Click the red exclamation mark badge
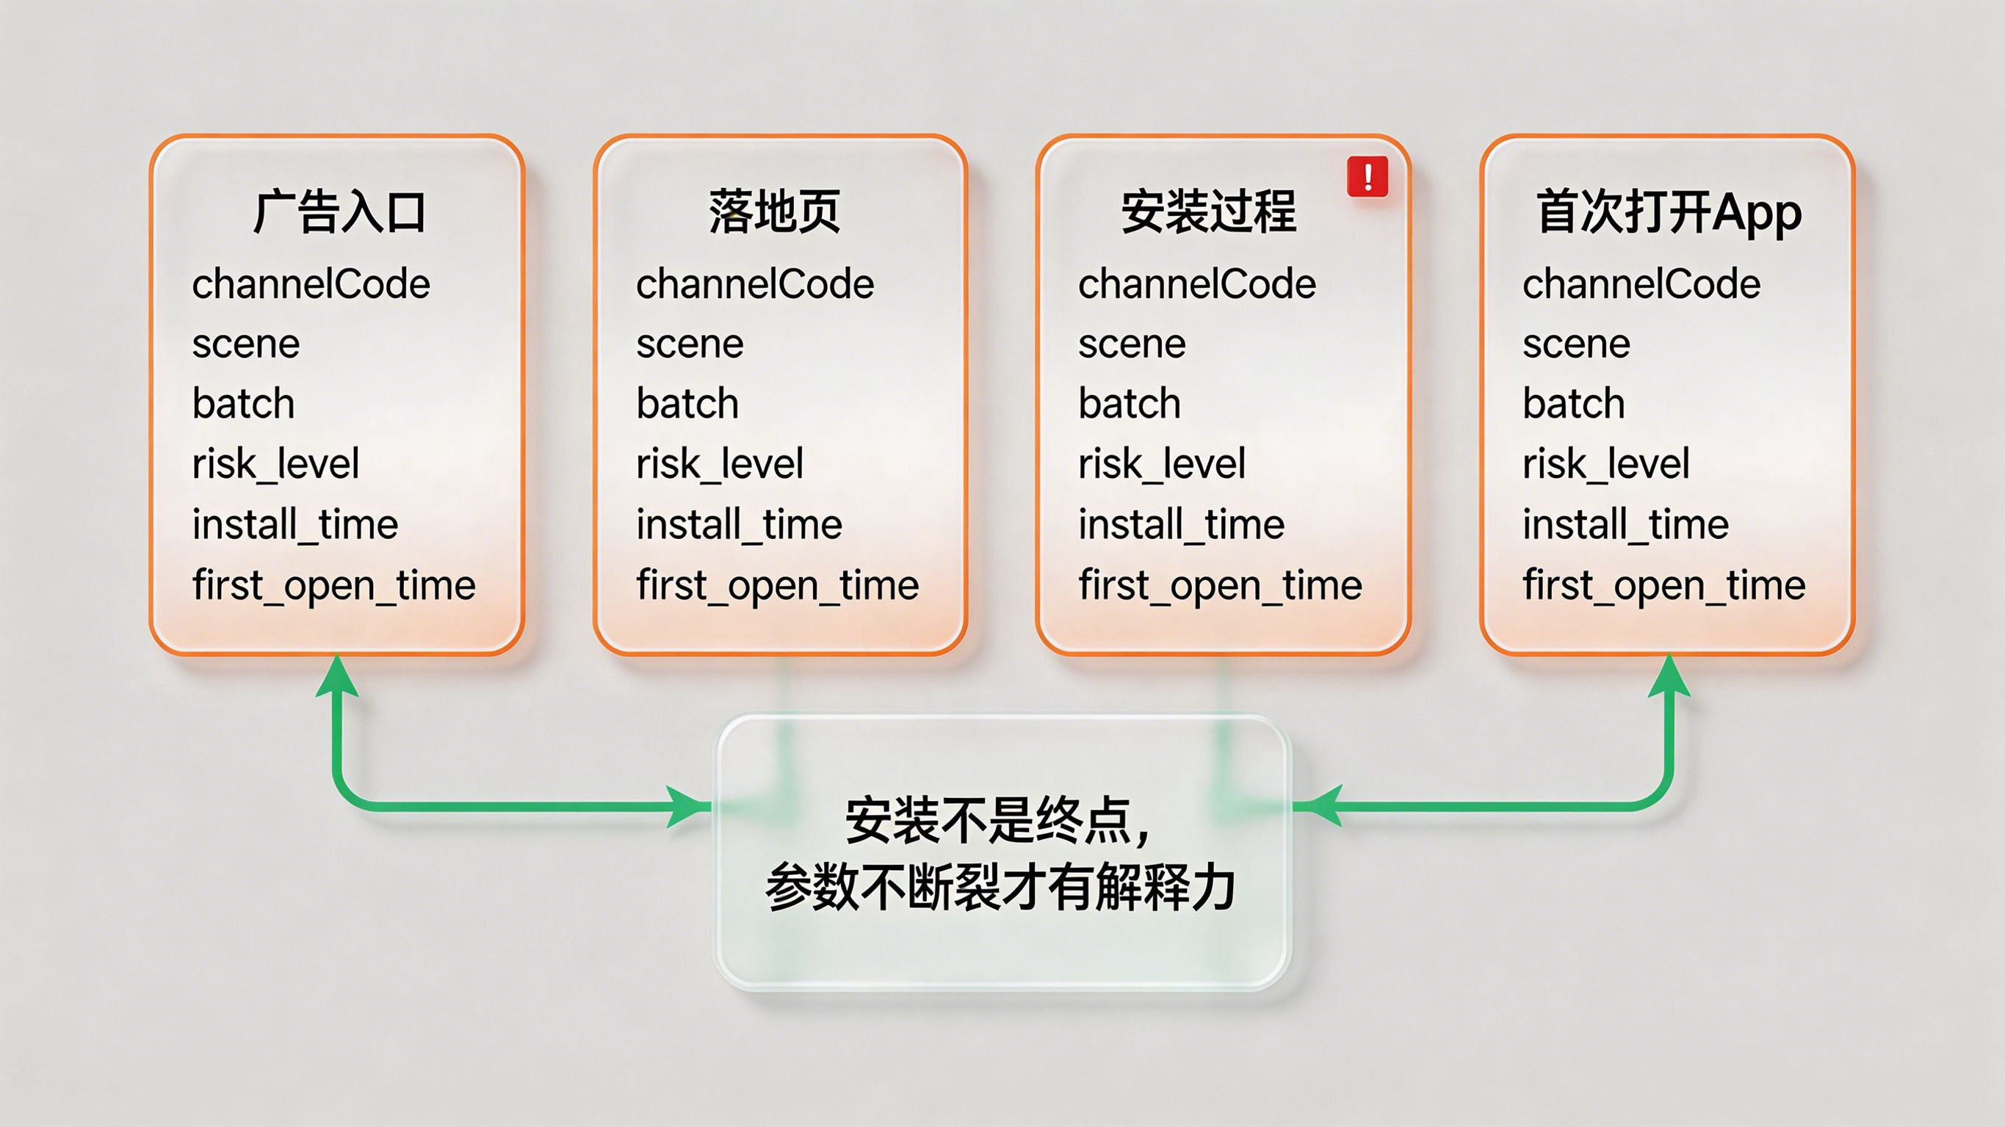pyautogui.click(x=1368, y=176)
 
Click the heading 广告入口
pyautogui.click(x=339, y=211)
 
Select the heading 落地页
pyautogui.click(x=774, y=211)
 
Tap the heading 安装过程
pyautogui.click(x=1209, y=211)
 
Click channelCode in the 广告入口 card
pyautogui.click(x=311, y=284)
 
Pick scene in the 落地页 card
pyautogui.click(x=690, y=344)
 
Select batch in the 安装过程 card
pyautogui.click(x=1130, y=403)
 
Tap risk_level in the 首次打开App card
pyautogui.click(x=1605, y=465)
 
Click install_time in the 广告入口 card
pyautogui.click(x=295, y=524)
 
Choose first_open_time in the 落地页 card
pyautogui.click(x=778, y=585)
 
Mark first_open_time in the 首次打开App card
pyautogui.click(x=1664, y=585)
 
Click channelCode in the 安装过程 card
pyautogui.click(x=1197, y=284)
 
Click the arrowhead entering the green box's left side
pyautogui.click(x=690, y=806)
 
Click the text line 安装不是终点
pyautogui.click(x=998, y=821)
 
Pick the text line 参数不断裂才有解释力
pyautogui.click(x=1001, y=888)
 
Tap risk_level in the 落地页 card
pyautogui.click(x=719, y=465)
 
